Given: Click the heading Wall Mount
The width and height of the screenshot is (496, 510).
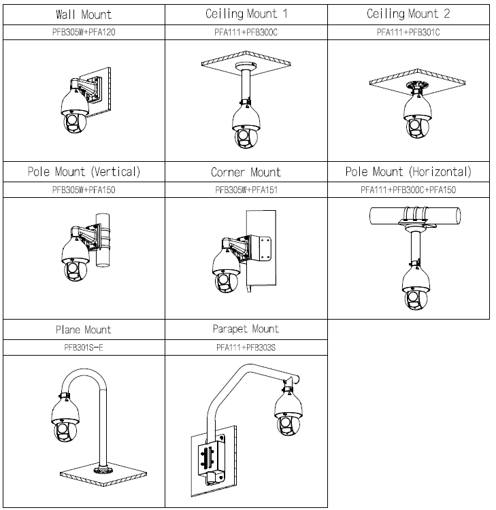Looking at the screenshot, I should point(84,14).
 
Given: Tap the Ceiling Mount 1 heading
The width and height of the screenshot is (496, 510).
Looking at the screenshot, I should point(246,14).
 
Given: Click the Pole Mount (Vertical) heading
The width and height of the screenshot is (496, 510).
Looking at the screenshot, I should point(84,172).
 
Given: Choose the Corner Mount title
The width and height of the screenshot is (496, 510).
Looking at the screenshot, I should point(246,173).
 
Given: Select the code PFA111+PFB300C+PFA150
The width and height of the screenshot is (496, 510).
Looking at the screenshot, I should point(408,190).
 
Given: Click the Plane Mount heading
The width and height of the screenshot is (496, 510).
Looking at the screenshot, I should point(84,330).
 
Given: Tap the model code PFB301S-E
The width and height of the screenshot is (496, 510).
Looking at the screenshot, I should point(84,347).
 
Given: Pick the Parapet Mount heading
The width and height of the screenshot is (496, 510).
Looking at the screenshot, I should point(246,329).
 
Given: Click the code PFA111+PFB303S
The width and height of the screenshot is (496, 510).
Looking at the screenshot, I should point(246,347).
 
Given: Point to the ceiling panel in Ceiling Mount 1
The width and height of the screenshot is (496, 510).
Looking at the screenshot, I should point(246,64).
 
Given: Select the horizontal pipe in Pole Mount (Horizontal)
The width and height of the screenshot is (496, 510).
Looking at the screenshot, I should point(408,216).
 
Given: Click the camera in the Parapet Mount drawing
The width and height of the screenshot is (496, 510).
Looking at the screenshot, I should point(288,412).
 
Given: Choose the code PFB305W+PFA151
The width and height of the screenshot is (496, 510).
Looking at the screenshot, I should point(246,190).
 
